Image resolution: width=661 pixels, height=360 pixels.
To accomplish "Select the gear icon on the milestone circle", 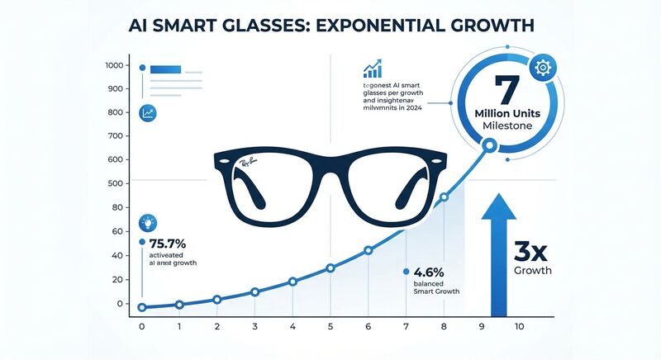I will (x=544, y=68).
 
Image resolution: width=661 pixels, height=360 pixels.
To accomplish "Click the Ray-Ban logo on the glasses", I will (x=249, y=164).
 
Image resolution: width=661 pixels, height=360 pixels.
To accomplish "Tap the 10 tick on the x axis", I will (x=520, y=326).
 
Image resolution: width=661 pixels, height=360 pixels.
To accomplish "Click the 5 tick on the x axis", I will (x=330, y=326).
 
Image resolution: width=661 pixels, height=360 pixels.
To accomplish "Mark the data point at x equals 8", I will (x=445, y=197).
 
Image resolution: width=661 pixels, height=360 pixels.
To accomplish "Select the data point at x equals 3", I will (x=254, y=292).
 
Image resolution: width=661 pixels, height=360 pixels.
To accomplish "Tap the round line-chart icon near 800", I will (x=148, y=113).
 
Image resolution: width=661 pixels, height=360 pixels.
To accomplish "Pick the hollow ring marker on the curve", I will (x=488, y=146).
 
